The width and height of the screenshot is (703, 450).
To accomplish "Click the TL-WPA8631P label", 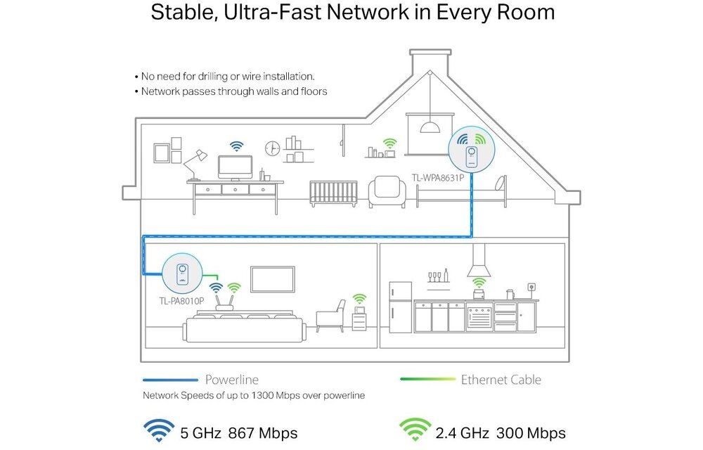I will point(437,178).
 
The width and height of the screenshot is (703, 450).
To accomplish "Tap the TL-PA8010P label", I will point(181,301).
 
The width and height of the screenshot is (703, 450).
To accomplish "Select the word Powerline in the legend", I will point(231,380).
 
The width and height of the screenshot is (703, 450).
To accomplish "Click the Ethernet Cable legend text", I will point(501,380).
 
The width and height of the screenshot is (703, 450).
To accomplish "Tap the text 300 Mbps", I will point(531,432).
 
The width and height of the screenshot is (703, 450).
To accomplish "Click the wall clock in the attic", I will point(272,148).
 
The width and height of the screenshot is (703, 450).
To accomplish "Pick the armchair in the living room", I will point(330,316).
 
